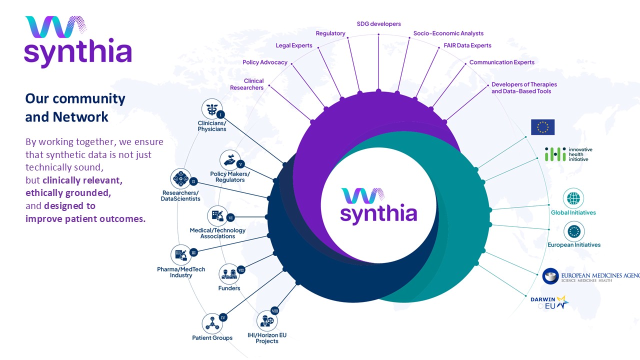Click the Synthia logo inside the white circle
[x=378, y=205]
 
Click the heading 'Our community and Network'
[x=75, y=107]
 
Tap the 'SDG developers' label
[x=378, y=24]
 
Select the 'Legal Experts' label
[x=294, y=45]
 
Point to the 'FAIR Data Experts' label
[x=467, y=45]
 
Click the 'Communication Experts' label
[x=501, y=62]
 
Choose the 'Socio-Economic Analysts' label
[x=448, y=33]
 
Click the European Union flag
[x=542, y=127]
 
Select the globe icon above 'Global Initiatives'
[x=573, y=198]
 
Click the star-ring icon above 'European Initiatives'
[x=573, y=231]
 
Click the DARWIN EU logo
[x=549, y=302]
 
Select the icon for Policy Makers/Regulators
[x=229, y=160]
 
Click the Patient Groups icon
[x=212, y=323]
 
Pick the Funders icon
[x=229, y=273]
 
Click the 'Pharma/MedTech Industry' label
[x=181, y=272]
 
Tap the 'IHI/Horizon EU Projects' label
[x=266, y=338]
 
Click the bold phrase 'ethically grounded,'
[x=68, y=192]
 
